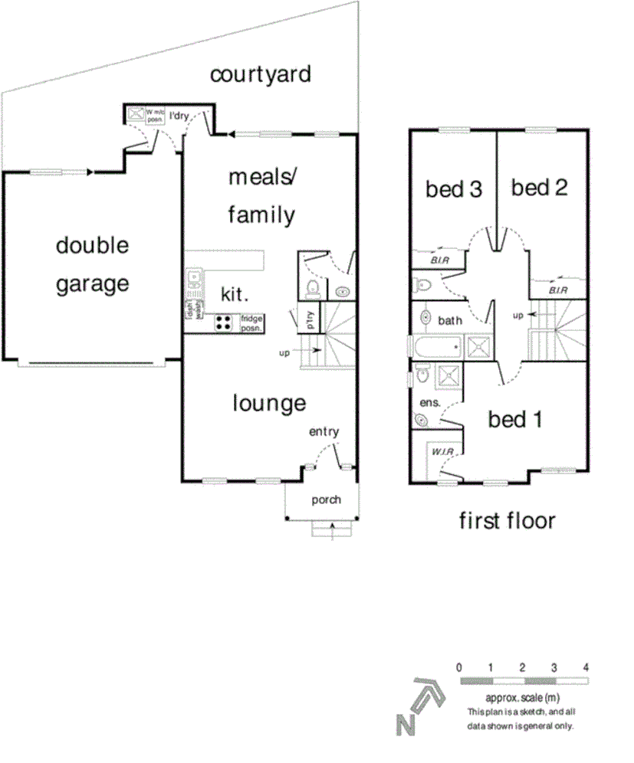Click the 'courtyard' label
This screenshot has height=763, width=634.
tap(261, 74)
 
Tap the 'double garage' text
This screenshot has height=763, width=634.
tap(93, 265)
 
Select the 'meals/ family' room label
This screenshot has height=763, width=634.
tap(261, 196)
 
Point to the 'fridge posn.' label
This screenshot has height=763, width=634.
tap(251, 323)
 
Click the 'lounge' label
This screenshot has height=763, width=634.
tap(269, 403)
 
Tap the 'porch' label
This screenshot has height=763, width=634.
tap(326, 500)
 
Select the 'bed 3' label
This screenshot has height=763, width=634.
tap(454, 189)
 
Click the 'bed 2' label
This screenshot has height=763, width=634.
tap(539, 188)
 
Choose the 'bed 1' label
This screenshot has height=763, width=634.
tap(516, 420)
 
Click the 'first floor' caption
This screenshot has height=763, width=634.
tap(507, 522)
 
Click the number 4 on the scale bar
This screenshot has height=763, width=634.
tap(586, 667)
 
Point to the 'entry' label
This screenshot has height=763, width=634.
tap(324, 432)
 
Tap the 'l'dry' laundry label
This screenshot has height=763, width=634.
tap(179, 116)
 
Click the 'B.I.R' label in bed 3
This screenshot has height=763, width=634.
tap(439, 261)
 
